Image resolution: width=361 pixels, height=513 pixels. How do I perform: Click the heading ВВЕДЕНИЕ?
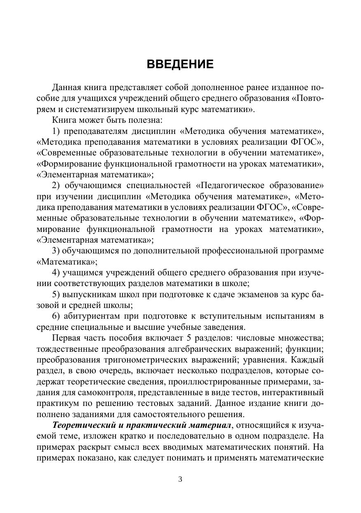[180, 64]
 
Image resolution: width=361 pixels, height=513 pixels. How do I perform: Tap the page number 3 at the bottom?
[180, 480]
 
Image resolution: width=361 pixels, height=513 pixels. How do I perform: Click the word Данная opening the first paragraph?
[67, 88]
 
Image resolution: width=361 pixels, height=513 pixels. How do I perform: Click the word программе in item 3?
[302, 251]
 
